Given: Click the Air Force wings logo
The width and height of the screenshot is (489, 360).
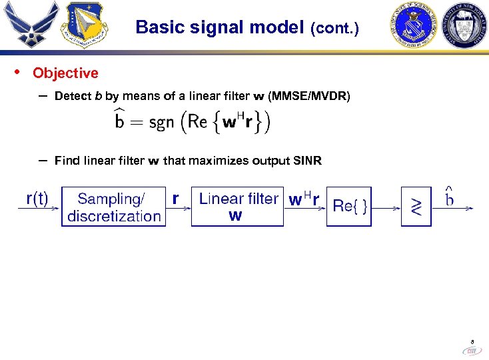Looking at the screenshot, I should (27, 25).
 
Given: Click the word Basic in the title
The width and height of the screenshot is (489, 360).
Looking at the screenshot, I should (155, 28).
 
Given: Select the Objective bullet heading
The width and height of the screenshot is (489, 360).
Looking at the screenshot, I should (65, 73).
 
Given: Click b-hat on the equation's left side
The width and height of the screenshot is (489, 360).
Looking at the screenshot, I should (120, 122).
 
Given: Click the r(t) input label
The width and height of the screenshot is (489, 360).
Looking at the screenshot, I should (37, 199).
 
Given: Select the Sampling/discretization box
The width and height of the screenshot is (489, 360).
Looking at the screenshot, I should (113, 207).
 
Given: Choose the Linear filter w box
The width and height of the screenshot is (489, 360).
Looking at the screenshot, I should (237, 207).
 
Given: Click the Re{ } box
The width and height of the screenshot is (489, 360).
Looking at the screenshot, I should (349, 207).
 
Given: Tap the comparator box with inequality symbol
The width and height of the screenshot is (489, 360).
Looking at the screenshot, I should (416, 207).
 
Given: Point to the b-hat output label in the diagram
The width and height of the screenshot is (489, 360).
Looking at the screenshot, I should (450, 197).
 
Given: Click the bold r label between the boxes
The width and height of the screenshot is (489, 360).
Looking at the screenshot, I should (176, 198).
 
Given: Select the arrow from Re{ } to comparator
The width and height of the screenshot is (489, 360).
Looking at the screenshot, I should (386, 208).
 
